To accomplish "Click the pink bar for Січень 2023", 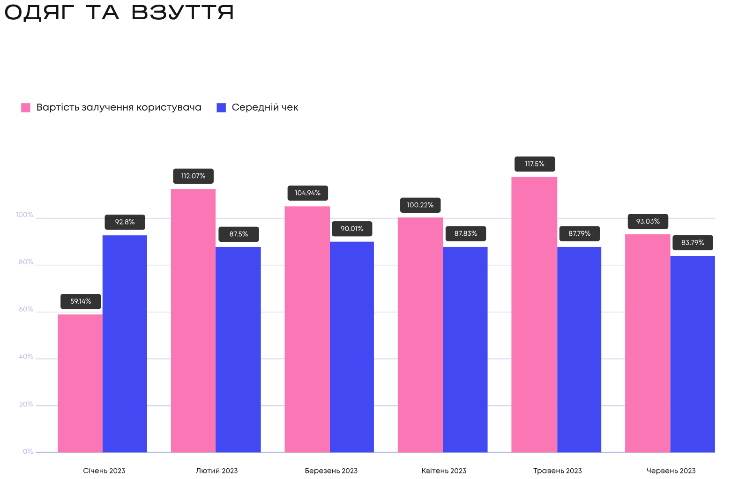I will click(80, 383).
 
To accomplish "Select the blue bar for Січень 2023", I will click(125, 344).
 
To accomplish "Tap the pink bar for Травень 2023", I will click(534, 314).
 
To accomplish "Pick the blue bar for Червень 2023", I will click(693, 354).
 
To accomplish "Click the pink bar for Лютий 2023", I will click(193, 321).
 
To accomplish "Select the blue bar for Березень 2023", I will click(352, 347).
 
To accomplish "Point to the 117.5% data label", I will click(535, 164).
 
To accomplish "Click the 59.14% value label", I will click(81, 301).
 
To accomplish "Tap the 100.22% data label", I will click(420, 205).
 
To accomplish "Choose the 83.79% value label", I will click(693, 243).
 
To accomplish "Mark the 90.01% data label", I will click(352, 229).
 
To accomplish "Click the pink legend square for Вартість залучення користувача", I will click(26, 108).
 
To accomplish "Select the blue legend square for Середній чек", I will click(221, 108).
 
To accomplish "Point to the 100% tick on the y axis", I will click(24, 215).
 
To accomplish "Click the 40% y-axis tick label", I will click(26, 357).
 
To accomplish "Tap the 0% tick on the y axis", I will click(28, 452).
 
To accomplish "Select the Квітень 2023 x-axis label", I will click(444, 471).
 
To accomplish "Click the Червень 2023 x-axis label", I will click(671, 471).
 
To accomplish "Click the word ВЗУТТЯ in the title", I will click(183, 13).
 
